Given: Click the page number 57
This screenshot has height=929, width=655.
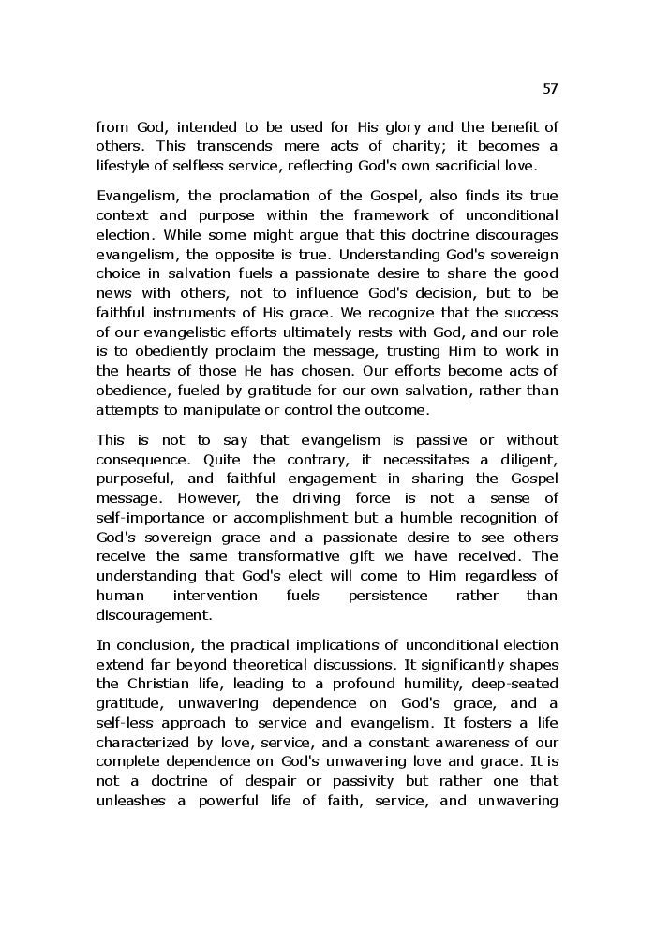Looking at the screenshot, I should click(x=550, y=89).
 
